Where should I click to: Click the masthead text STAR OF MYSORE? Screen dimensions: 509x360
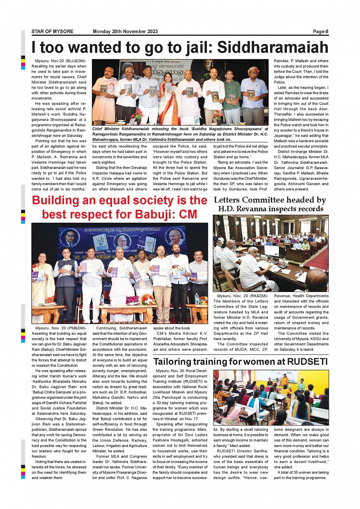click(52, 32)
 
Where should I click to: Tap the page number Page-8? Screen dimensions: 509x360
click(321, 32)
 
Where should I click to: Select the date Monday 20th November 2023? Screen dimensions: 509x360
click(125, 32)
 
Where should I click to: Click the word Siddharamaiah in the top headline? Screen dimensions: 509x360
click(272, 48)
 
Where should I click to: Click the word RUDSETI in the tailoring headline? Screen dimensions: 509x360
click(307, 361)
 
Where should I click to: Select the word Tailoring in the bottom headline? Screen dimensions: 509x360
click(176, 361)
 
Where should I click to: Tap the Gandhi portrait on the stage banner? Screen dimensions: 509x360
click(174, 238)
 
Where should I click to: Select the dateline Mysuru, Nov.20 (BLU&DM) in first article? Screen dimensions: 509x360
click(61, 61)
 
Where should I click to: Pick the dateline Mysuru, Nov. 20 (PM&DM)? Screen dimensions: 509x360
click(61, 328)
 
